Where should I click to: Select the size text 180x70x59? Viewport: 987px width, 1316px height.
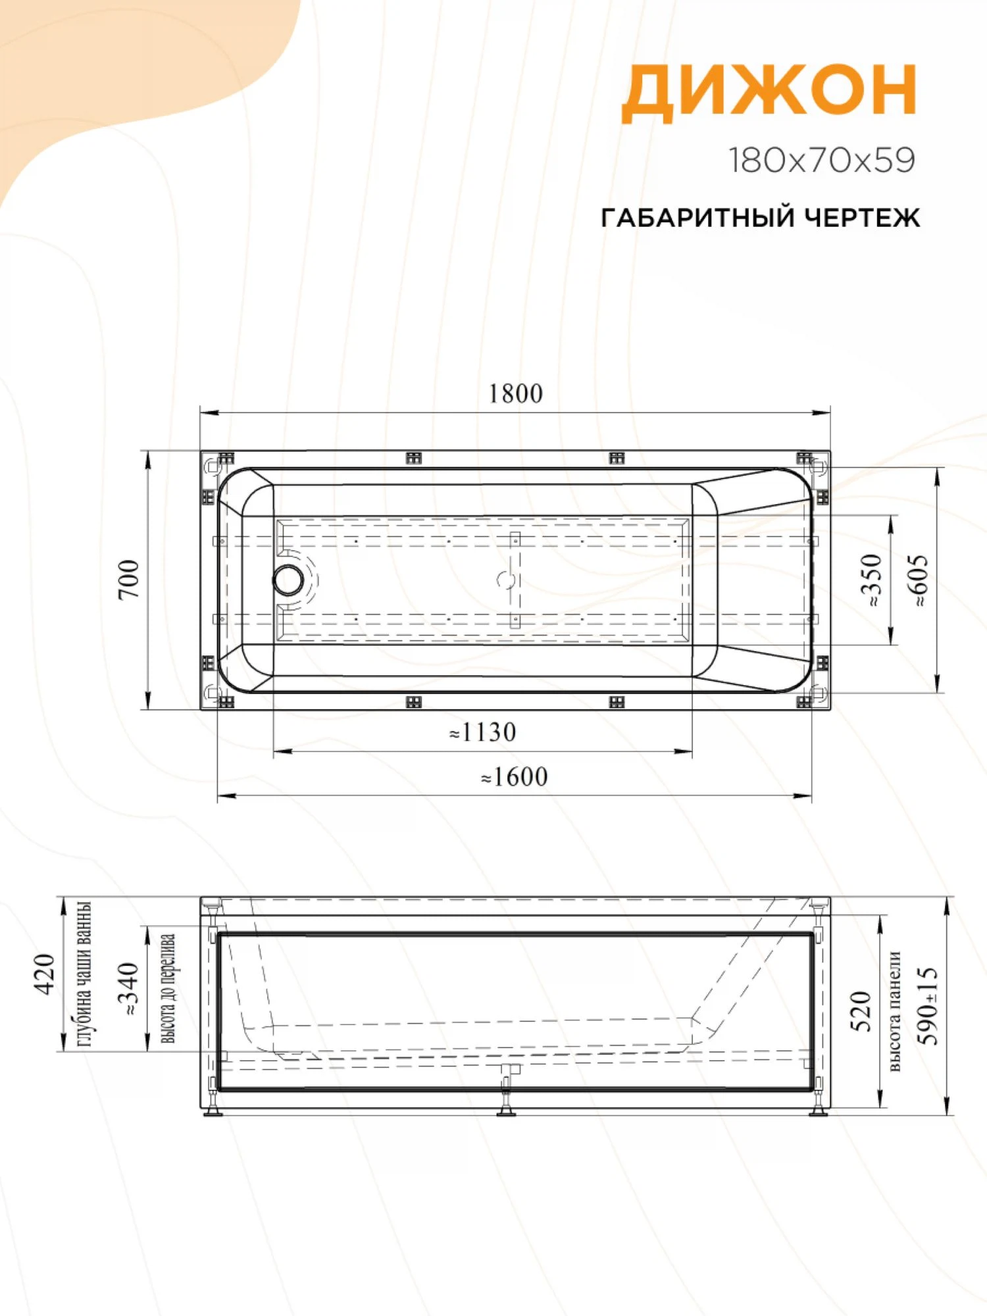(822, 160)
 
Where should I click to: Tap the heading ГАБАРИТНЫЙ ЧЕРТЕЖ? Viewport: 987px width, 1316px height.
(760, 218)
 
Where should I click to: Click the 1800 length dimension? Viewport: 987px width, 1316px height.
(515, 394)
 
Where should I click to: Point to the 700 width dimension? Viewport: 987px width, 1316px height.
(130, 579)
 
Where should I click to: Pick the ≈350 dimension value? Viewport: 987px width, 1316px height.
(871, 580)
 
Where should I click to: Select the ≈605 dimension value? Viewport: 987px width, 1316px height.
(919, 580)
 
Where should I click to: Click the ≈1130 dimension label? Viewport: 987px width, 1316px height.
(482, 732)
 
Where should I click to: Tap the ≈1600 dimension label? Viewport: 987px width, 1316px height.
(514, 777)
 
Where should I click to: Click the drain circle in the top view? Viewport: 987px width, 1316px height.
(289, 579)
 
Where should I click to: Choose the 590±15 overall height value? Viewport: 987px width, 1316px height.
(929, 1005)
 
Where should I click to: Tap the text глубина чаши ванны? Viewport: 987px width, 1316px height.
(84, 974)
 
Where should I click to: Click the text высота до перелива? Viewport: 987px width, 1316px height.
(168, 989)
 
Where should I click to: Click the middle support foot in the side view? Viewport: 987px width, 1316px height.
(505, 1109)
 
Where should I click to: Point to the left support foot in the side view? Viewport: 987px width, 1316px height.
(213, 1109)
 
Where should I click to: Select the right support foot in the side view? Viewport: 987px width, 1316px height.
(817, 1109)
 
